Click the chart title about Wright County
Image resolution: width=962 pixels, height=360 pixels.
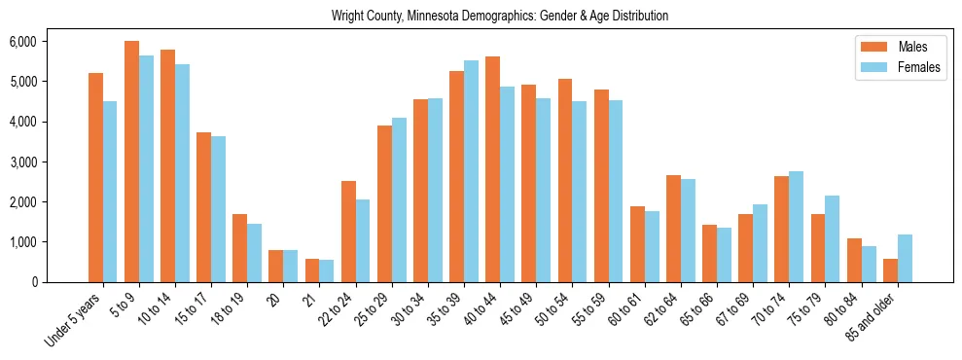tap(500, 17)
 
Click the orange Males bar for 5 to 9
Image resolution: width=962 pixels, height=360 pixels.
tap(131, 162)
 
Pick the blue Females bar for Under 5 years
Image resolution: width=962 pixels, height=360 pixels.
tap(110, 192)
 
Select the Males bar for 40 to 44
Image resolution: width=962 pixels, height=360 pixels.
tap(492, 169)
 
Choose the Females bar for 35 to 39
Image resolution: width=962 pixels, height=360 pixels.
tap(471, 171)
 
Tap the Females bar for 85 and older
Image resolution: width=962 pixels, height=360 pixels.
tap(905, 258)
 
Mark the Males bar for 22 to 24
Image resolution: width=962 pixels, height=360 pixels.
tap(348, 232)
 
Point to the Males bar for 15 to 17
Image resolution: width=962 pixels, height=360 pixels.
tap(203, 207)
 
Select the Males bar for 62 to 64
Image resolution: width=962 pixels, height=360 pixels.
tap(673, 229)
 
